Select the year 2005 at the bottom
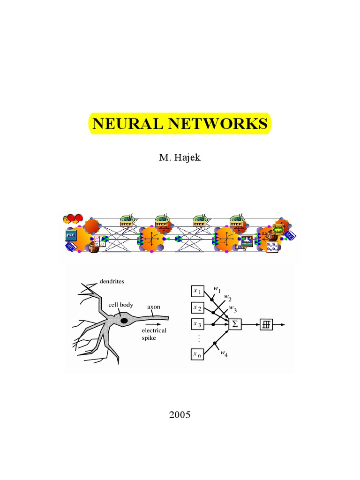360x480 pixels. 180,415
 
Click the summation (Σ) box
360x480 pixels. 235,324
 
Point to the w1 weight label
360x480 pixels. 217,290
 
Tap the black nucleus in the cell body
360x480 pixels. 124,321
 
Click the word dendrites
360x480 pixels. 112,282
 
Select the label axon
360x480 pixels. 154,307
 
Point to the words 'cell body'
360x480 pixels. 121,305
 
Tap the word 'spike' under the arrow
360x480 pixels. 150,337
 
